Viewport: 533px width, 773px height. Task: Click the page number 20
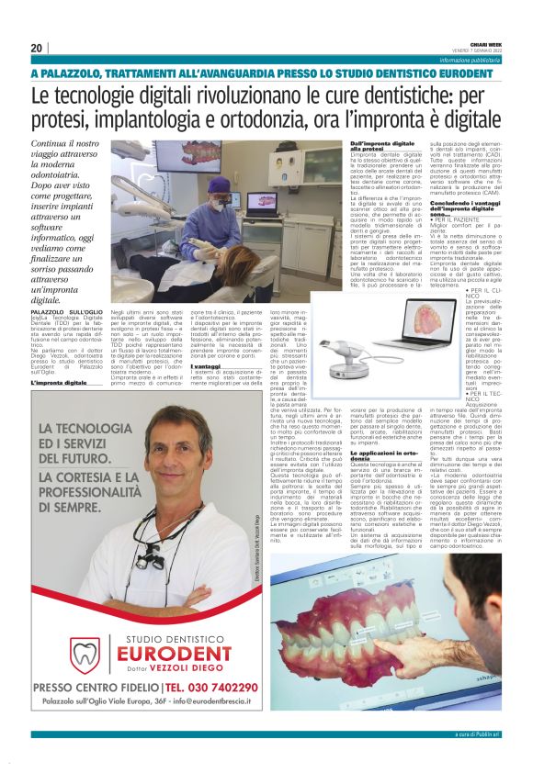pyautogui.click(x=36, y=48)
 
